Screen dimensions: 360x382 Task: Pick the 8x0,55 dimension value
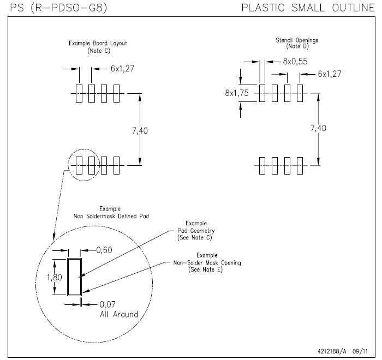(x=295, y=62)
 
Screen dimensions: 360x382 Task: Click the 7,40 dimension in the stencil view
(x=320, y=129)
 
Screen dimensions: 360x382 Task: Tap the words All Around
(x=119, y=315)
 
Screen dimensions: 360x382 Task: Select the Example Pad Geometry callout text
(x=193, y=231)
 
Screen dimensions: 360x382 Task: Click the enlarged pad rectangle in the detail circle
(x=74, y=277)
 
